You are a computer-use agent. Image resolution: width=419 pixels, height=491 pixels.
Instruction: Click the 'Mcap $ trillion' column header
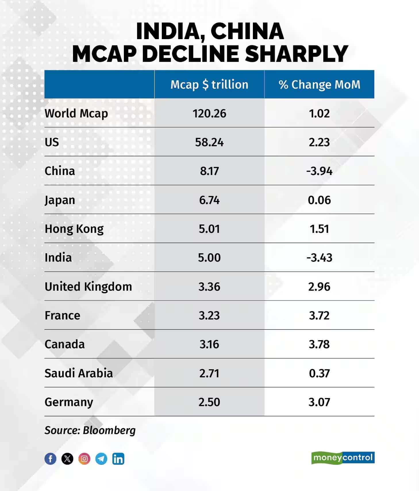[x=209, y=85]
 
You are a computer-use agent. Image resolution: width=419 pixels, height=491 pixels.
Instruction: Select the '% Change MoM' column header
[x=319, y=85]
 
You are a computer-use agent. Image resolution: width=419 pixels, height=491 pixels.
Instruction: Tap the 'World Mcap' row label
[x=76, y=113]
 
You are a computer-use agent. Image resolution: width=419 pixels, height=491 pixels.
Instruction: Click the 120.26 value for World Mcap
[x=209, y=113]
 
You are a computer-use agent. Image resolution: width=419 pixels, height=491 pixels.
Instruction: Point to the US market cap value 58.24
[x=209, y=142]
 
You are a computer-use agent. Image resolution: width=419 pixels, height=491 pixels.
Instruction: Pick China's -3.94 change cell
[x=319, y=171]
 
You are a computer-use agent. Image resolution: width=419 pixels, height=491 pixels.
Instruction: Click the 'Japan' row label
[x=60, y=200]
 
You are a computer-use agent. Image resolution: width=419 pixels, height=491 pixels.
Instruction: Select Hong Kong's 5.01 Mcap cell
[x=209, y=229]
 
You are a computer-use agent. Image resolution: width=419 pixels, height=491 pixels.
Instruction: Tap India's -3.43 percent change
[x=319, y=258]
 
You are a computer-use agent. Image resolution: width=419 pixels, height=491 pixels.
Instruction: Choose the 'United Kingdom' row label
[x=88, y=287]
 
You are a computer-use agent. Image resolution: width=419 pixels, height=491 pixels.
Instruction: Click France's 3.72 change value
[x=319, y=315]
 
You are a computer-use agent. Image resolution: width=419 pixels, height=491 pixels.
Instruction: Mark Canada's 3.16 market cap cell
[x=209, y=344]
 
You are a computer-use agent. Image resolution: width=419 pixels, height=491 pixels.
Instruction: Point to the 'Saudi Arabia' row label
[x=78, y=373]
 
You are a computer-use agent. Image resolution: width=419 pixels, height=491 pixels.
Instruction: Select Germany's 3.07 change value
[x=319, y=402]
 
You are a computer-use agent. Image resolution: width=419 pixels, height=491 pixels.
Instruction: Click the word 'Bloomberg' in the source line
[x=109, y=430]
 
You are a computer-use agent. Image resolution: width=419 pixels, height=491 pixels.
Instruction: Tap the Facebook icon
[x=50, y=459]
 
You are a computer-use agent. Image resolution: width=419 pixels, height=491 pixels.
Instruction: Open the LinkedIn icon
[x=118, y=459]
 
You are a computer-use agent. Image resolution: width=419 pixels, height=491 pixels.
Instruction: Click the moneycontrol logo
[x=343, y=458]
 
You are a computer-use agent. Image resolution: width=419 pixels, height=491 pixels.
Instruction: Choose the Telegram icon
[x=101, y=459]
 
